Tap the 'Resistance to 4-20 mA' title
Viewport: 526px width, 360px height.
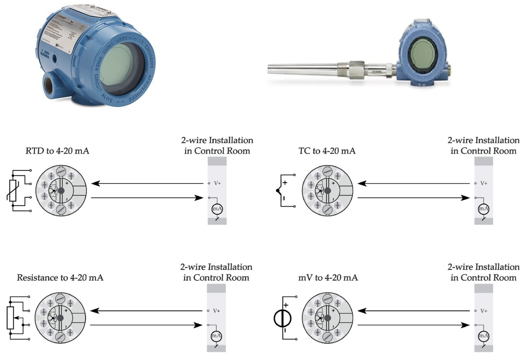click(60, 278)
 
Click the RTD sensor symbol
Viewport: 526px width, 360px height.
click(13, 190)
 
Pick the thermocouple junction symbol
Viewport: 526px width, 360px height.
click(278, 190)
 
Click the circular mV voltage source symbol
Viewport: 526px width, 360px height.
click(282, 318)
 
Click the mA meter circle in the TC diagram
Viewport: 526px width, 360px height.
click(484, 209)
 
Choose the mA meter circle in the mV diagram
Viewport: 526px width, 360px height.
click(484, 336)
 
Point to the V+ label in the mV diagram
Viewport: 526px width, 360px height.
click(484, 311)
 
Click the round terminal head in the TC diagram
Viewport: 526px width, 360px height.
click(327, 190)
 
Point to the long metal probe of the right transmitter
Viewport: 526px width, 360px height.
click(306, 67)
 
